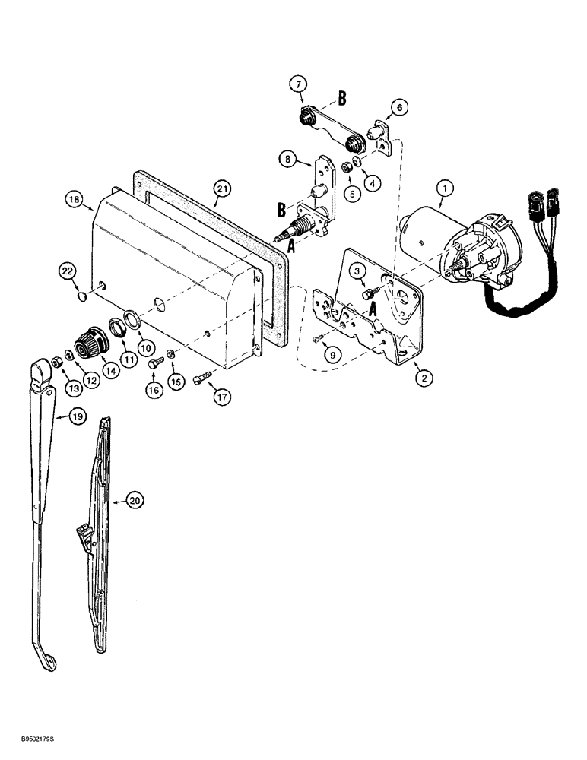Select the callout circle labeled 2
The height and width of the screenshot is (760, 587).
tap(419, 375)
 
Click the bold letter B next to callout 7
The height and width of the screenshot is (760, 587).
tap(342, 98)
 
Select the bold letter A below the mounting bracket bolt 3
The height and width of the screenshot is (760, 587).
tap(374, 310)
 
